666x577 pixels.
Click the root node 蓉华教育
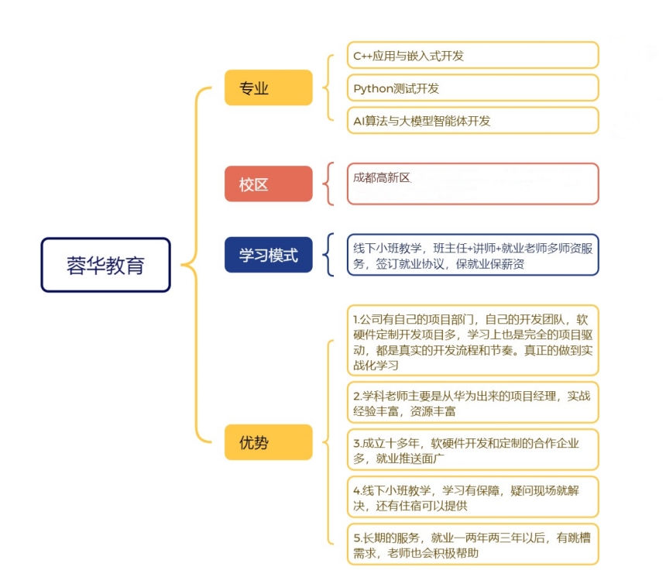[106, 265]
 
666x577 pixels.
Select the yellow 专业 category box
[269, 88]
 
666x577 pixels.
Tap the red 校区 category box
[269, 184]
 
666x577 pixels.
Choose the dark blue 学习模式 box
[269, 255]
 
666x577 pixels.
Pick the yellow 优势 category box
[269, 442]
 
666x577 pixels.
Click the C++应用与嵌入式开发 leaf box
[472, 55]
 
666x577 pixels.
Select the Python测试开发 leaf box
[472, 88]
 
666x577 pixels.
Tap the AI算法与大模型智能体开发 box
[472, 121]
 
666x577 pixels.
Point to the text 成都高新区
[382, 177]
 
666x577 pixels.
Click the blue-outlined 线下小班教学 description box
[472, 255]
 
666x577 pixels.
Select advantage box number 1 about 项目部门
[472, 340]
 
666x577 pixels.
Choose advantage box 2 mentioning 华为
[472, 403]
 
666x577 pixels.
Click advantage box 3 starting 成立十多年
[472, 450]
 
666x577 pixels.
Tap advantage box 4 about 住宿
[472, 497]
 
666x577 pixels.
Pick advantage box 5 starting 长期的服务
[472, 544]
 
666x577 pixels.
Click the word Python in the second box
[373, 89]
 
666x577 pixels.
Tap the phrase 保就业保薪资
[489, 264]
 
